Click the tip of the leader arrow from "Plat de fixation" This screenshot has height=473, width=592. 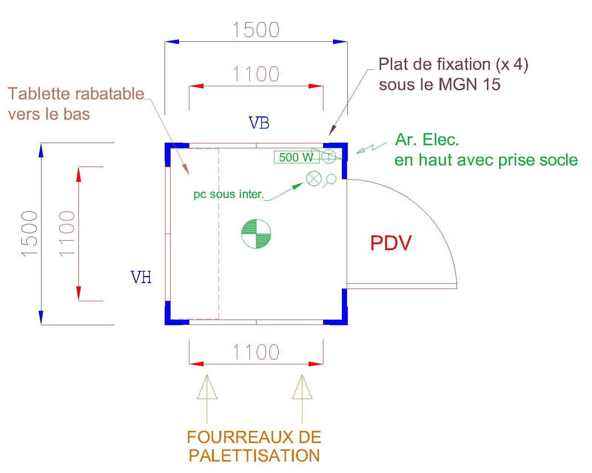(x=329, y=136)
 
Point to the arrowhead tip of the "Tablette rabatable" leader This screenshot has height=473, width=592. (x=189, y=174)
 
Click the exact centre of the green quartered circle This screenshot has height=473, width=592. (x=256, y=234)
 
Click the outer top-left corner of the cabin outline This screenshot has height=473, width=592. (x=165, y=143)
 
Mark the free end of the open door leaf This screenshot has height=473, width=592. (x=457, y=286)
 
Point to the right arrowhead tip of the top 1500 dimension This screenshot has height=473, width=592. (x=347, y=42)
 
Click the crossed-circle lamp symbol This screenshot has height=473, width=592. (x=314, y=178)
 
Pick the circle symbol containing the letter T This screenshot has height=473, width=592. (x=329, y=157)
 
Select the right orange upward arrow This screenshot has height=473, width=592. (x=302, y=398)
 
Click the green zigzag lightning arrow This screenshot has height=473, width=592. (x=371, y=148)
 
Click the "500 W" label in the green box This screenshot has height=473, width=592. (x=296, y=157)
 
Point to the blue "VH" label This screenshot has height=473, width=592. (x=141, y=277)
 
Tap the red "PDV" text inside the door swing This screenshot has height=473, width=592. (x=391, y=243)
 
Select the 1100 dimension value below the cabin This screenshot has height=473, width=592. (x=256, y=352)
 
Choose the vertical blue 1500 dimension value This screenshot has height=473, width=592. (x=30, y=234)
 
